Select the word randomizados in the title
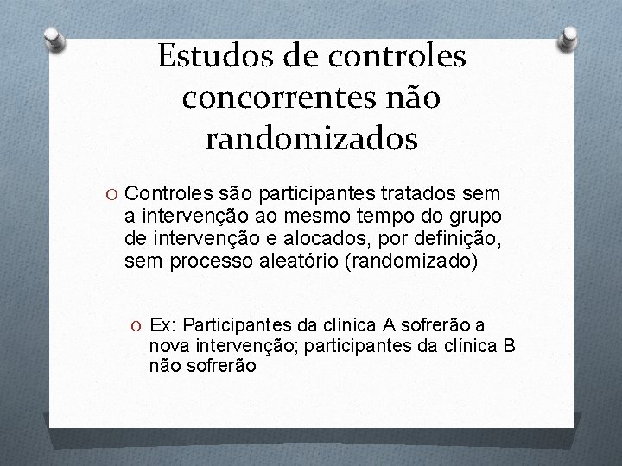point(312,137)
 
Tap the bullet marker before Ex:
point(138,325)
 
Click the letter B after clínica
point(509,345)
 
